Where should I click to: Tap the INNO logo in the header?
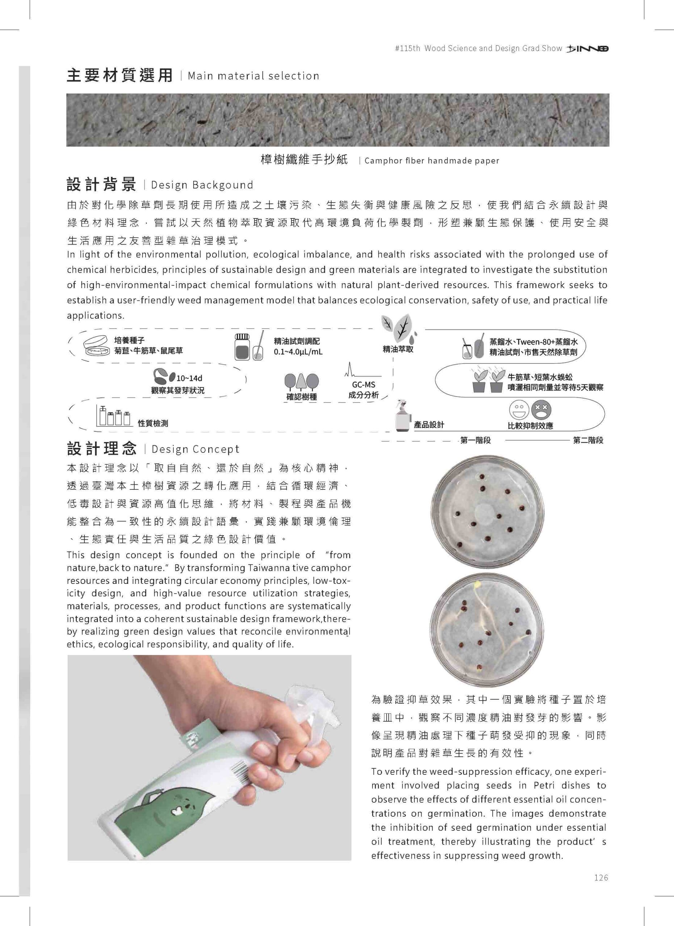tap(588, 48)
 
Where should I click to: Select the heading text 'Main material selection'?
tap(253, 76)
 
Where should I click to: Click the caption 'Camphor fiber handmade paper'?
tap(432, 161)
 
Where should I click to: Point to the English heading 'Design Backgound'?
tap(202, 185)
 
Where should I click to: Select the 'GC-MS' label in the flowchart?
tap(363, 385)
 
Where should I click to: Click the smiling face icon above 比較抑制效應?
tap(519, 410)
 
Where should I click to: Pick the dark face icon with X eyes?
tap(541, 410)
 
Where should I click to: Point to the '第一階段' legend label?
tap(476, 440)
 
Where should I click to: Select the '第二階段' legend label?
tap(588, 440)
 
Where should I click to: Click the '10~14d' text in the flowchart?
tap(189, 378)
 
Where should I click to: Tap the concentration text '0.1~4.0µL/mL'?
tap(298, 352)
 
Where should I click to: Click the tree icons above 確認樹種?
tap(302, 382)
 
